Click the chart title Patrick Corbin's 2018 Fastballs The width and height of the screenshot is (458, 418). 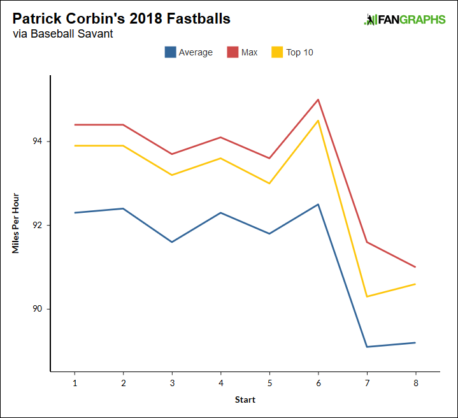pos(121,18)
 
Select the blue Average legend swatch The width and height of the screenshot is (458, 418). pos(170,52)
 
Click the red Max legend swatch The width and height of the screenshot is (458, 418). pos(233,52)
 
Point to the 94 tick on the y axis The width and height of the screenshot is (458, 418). pos(38,141)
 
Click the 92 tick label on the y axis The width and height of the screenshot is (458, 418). pos(38,226)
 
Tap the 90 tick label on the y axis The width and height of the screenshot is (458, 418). pos(38,309)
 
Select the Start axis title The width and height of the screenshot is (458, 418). pos(245,400)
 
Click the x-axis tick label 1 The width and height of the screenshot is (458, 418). pos(75,384)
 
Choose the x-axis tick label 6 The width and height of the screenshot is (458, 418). pos(318,384)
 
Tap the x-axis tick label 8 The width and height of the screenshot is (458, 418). pos(415,384)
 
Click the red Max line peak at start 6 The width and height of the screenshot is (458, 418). pos(318,99)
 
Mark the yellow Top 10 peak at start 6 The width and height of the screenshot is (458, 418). pos(318,120)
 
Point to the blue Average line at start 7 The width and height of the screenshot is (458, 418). pos(367,347)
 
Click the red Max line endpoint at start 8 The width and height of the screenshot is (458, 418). pos(415,267)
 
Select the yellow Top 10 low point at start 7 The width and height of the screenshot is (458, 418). pos(367,296)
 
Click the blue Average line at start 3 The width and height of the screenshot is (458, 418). pos(172,242)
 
